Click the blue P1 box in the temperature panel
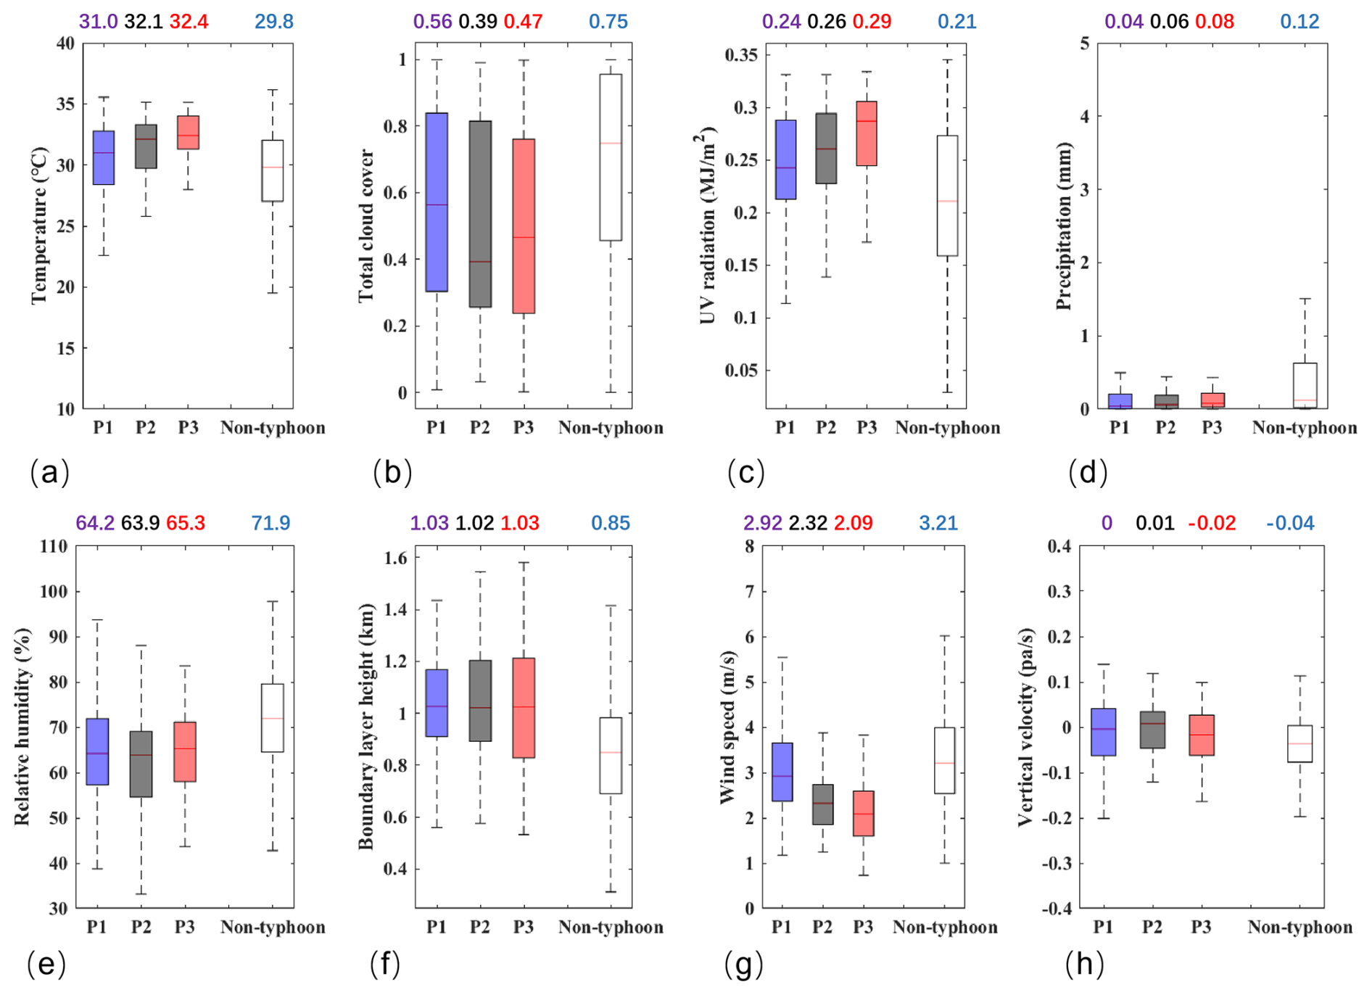pyautogui.click(x=104, y=158)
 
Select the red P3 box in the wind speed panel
pyautogui.click(x=863, y=813)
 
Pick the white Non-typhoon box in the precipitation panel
pyautogui.click(x=1305, y=385)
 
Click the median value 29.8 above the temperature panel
pyautogui.click(x=273, y=22)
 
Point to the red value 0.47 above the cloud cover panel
pyautogui.click(x=523, y=22)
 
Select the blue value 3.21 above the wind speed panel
pyautogui.click(x=938, y=523)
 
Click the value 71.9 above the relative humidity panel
pyautogui.click(x=270, y=523)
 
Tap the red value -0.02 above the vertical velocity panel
pyautogui.click(x=1212, y=523)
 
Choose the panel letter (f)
pyautogui.click(x=384, y=965)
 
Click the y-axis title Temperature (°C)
pyautogui.click(x=39, y=226)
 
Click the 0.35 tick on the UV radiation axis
pyautogui.click(x=741, y=55)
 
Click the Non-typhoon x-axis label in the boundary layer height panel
pyautogui.click(x=611, y=928)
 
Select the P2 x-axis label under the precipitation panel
pyautogui.click(x=1165, y=428)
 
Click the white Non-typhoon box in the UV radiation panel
pyautogui.click(x=947, y=196)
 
